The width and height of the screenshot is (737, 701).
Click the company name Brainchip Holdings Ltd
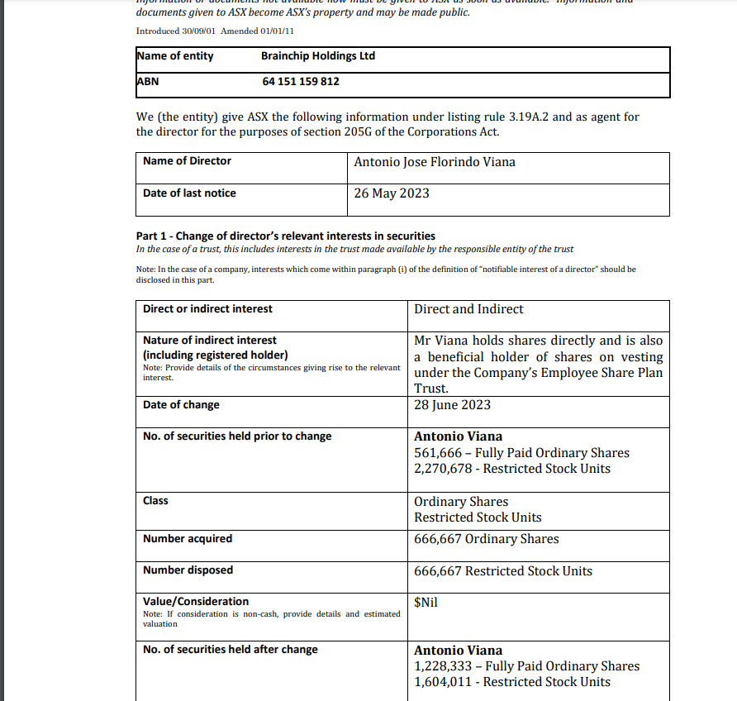[317, 55]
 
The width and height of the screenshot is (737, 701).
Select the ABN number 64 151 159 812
[300, 81]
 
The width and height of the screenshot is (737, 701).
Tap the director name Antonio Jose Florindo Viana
[434, 162]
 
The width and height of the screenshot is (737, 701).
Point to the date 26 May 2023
[392, 193]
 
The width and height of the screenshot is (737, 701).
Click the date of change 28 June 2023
[452, 405]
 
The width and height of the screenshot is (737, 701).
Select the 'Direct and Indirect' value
[468, 309]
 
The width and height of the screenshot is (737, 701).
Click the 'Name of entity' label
[175, 55]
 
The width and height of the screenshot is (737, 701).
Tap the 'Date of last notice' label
[189, 193]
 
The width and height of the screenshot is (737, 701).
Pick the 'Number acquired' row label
[188, 538]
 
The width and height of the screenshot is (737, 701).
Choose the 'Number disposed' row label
[188, 570]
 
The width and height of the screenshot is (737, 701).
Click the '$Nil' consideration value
[426, 602]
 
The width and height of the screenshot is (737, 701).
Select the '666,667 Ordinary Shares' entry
[486, 539]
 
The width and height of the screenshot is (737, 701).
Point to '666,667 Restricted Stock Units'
[502, 571]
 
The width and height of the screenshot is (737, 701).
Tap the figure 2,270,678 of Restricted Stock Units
[444, 469]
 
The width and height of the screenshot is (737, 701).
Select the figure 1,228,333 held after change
[444, 666]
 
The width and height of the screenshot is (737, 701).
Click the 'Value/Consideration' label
[196, 601]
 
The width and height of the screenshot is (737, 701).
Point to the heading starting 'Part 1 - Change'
[285, 236]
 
